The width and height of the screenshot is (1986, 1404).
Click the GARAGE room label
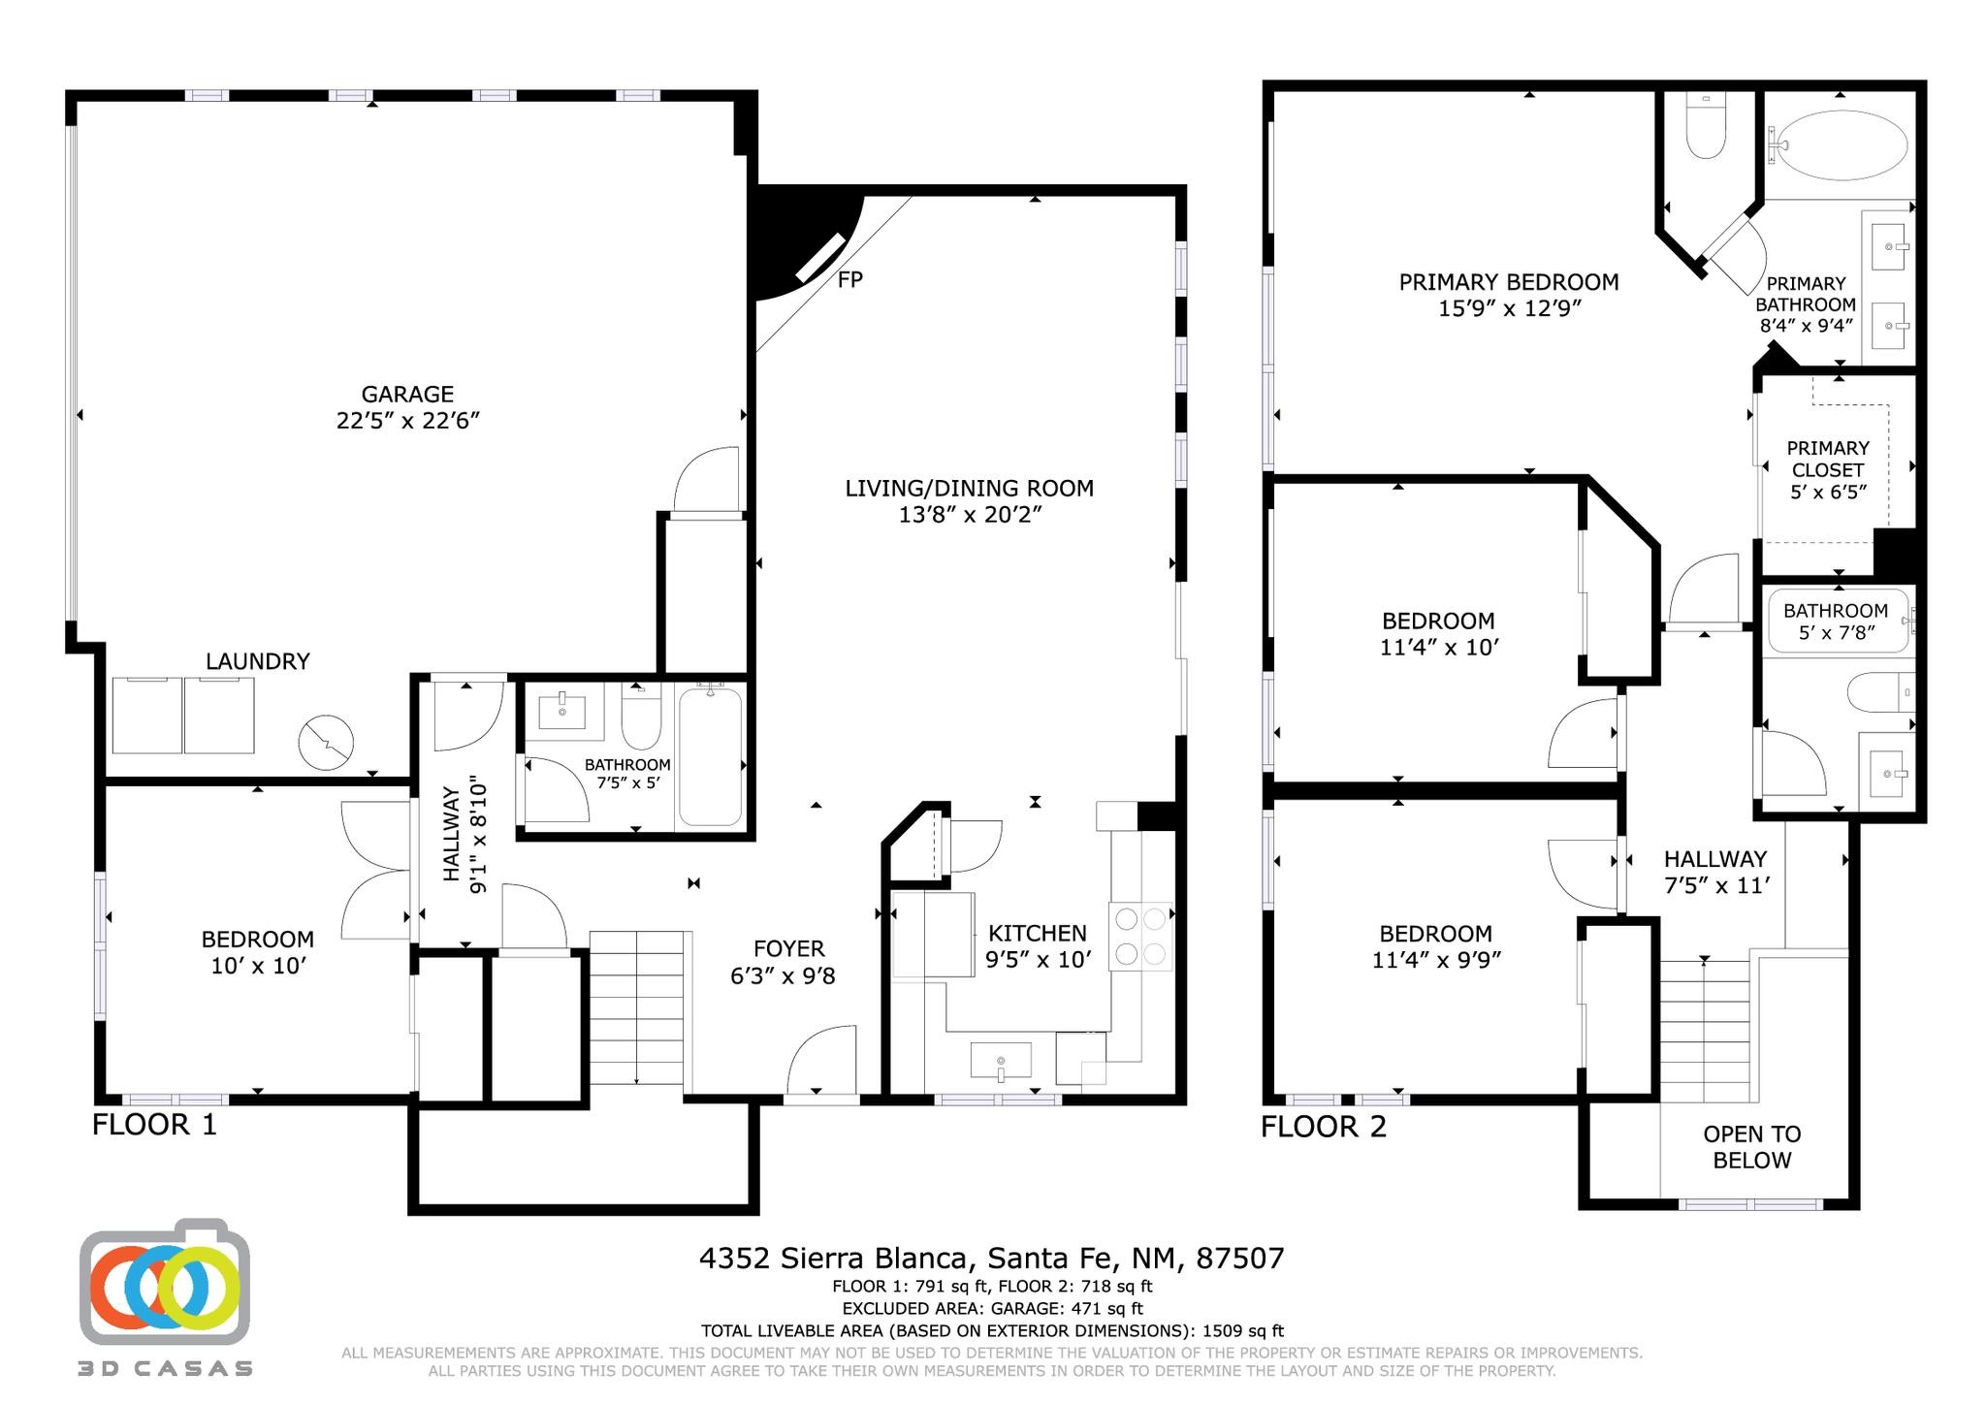[x=407, y=395]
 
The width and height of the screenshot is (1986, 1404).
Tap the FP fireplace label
[x=850, y=279]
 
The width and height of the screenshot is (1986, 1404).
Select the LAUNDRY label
[x=258, y=661]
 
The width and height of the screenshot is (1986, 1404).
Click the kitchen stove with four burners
[x=1140, y=937]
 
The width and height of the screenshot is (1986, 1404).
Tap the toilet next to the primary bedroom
[x=1705, y=128]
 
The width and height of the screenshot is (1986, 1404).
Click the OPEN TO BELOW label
[x=1751, y=1147]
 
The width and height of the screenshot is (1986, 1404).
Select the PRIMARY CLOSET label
[x=1828, y=459]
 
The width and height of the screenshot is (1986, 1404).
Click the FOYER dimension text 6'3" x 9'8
[x=783, y=976]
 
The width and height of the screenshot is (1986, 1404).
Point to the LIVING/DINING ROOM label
[x=969, y=488]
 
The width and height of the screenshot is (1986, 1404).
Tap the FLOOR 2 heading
[x=1324, y=1127]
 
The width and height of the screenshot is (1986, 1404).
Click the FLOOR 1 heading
[x=155, y=1125]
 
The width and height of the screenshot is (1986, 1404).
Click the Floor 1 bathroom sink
[x=563, y=712]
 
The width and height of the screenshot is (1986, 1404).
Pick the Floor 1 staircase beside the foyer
[x=637, y=1007]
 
